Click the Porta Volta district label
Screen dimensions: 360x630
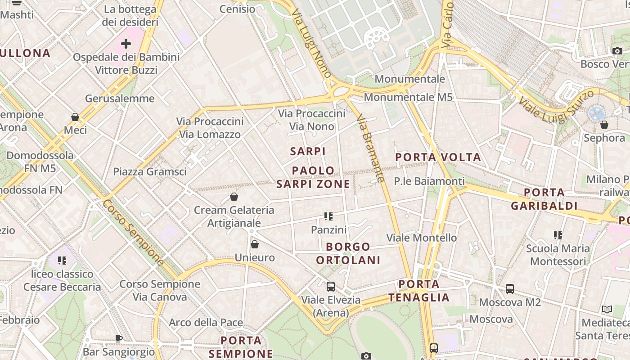(x=438, y=157)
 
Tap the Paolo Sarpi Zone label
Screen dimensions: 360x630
(x=313, y=177)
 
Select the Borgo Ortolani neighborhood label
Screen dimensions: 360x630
(x=348, y=253)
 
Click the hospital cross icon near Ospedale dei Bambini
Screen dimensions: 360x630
(x=126, y=44)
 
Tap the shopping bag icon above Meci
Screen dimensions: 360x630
(x=75, y=117)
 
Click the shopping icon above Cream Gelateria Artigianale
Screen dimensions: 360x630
(x=234, y=197)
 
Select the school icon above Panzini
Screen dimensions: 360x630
(x=328, y=217)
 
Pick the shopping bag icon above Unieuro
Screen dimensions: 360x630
(x=255, y=244)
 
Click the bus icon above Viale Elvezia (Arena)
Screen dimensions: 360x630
(x=331, y=286)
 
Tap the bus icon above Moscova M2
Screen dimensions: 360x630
(x=509, y=289)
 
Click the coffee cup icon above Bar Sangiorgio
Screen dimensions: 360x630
(x=119, y=338)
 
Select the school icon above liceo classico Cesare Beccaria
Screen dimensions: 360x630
(x=62, y=261)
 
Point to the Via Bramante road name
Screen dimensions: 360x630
(x=370, y=148)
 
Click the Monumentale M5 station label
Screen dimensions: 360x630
(x=408, y=97)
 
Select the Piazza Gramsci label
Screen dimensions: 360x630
(x=149, y=171)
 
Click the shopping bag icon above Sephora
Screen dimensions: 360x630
(x=604, y=125)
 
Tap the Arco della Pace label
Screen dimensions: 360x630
(x=206, y=323)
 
